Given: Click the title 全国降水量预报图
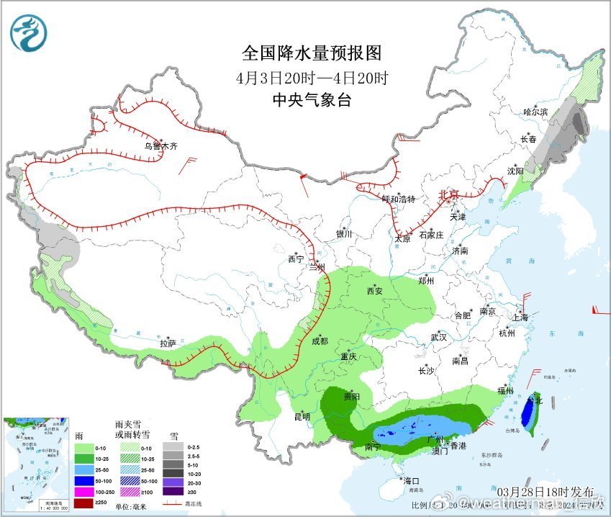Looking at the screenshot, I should point(312,54).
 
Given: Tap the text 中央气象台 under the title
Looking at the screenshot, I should point(312,100).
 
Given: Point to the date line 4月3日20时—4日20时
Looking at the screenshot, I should point(312,78).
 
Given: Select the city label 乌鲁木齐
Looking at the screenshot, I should point(160,145).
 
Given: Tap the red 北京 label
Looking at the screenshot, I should point(448,194).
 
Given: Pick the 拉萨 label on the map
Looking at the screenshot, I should point(168,343).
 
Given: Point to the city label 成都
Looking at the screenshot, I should point(320,341).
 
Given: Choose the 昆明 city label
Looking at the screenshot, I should point(302,416).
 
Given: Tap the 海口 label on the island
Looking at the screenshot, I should point(409,480).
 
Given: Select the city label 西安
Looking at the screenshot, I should point(374,291).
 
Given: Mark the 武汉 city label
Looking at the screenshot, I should point(438,337).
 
